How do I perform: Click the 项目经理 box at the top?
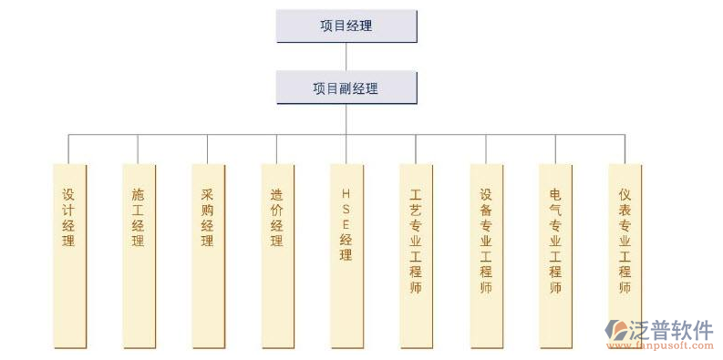346,26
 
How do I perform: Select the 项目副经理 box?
346,88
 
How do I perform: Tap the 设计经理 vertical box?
69,255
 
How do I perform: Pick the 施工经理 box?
139,255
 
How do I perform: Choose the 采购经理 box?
208,255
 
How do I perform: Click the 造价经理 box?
277,255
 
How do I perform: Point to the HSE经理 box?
346,255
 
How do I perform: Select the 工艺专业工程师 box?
416,255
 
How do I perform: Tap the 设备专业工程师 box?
485,255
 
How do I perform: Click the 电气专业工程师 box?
555,255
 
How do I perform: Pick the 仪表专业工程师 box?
625,255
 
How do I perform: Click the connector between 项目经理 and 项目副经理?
346,57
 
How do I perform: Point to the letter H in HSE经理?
346,193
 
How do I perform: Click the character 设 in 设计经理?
69,193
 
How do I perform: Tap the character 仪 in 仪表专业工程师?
625,193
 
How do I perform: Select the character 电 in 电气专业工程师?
555,193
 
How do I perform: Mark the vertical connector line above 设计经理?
69,149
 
